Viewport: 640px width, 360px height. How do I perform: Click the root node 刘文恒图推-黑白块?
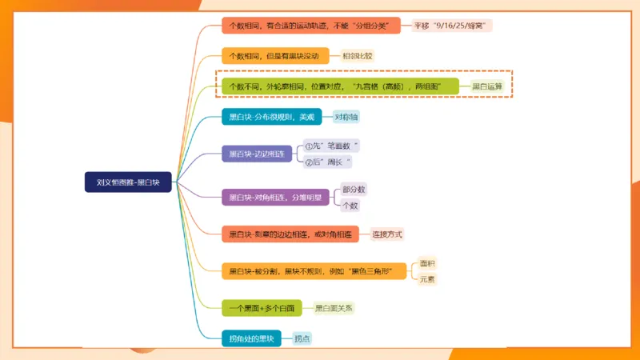tap(128, 182)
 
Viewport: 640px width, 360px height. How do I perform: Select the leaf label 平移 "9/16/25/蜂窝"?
tap(452, 26)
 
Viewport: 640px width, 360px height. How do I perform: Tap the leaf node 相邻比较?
tap(358, 56)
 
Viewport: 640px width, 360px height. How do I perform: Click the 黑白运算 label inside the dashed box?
tap(486, 86)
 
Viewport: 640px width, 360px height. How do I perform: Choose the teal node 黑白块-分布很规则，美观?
tap(271, 117)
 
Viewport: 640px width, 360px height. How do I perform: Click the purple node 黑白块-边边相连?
tap(257, 154)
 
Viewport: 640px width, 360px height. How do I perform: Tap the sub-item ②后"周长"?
tap(328, 162)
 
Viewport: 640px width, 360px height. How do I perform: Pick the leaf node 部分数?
tap(353, 190)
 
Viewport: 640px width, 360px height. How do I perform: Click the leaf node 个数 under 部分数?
tap(350, 206)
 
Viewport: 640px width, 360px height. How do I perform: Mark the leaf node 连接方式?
tap(387, 234)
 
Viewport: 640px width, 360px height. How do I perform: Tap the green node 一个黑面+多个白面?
tap(262, 307)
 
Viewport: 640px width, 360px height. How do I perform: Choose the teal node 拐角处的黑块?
tap(251, 338)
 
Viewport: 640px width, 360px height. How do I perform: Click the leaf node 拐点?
tap(302, 338)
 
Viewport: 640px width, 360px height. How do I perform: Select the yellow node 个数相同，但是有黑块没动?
tap(274, 56)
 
